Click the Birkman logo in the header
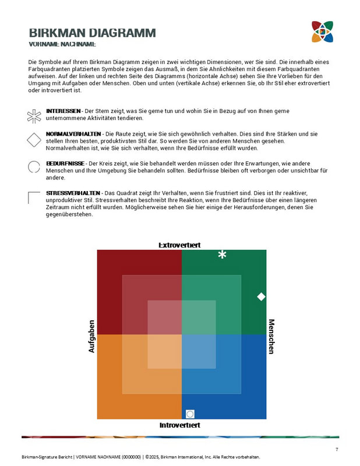point(322,31)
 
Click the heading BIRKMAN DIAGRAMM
point(92,33)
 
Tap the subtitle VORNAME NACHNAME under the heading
point(62,44)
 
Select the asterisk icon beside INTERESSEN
point(34,115)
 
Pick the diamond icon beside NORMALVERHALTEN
point(34,140)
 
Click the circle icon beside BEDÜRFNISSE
point(34,167)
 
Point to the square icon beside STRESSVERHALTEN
point(34,197)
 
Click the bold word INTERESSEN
point(63,111)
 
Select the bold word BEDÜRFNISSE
point(65,164)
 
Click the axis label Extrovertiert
point(179,245)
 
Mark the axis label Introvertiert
point(179,425)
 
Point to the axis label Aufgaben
point(91,336)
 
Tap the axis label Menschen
point(271,336)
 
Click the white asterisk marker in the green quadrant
point(222,255)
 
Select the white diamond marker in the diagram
point(261,296)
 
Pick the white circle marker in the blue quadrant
point(189,414)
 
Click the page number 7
point(337,449)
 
